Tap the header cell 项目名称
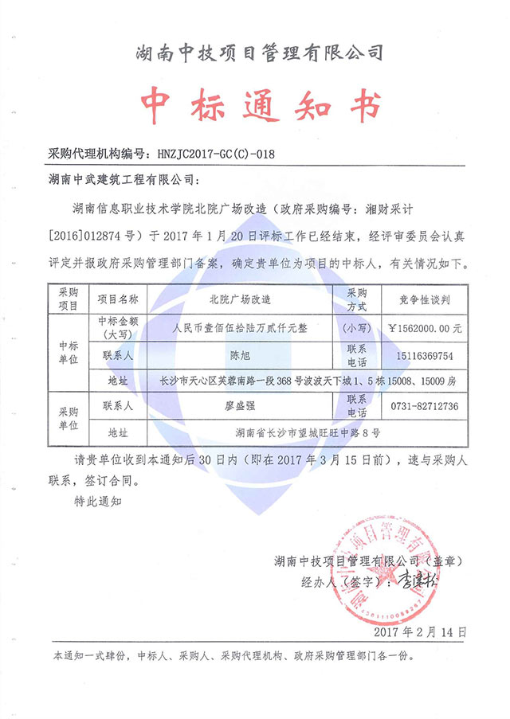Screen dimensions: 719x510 [x=117, y=299]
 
